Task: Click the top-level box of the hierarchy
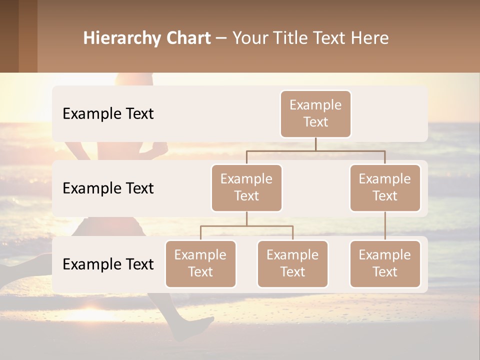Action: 315,113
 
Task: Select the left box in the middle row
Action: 246,187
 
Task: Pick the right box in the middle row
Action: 385,187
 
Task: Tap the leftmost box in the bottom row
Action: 200,263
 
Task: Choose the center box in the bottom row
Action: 292,263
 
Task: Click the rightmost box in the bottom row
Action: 385,263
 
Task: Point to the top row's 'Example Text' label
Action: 108,114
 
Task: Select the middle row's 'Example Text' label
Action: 108,188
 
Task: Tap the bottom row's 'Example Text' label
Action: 108,264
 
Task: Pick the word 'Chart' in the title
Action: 188,38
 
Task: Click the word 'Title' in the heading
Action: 295,38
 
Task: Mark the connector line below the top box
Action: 315,144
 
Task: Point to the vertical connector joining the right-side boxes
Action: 385,225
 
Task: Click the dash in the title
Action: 221,38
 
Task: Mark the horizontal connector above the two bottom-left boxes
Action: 246,226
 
